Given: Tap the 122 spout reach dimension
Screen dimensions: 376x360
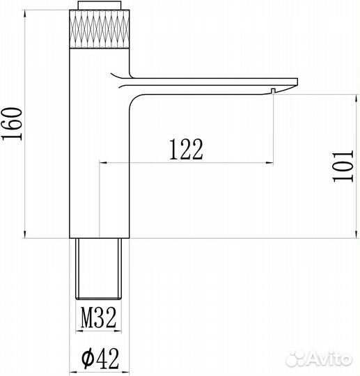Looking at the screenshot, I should coord(185,148).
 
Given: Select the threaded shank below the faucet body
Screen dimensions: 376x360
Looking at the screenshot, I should coord(98,269).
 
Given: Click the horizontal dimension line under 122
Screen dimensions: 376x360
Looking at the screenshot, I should coord(185,162).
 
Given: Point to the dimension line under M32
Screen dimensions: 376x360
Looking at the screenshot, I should coord(99,332).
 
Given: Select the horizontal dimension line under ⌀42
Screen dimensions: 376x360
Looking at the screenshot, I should coord(98,371).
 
